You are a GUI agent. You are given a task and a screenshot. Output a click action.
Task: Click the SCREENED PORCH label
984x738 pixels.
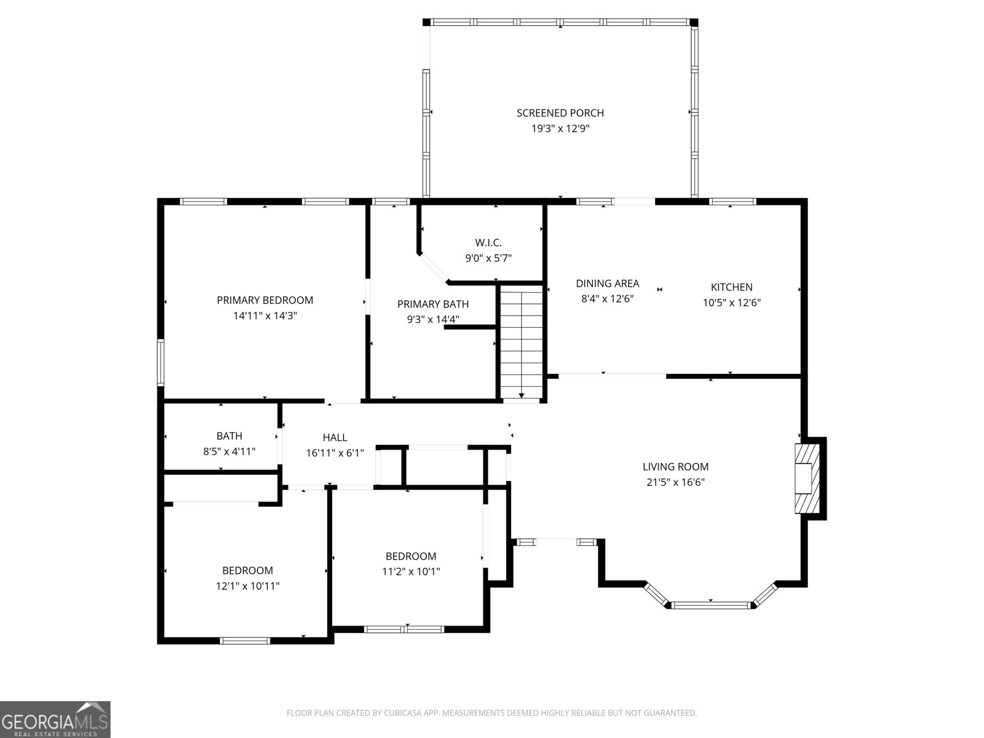tap(560, 113)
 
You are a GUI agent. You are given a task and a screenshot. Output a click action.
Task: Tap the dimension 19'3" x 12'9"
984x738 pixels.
tap(560, 129)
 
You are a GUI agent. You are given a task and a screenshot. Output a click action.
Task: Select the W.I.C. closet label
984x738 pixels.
tap(488, 243)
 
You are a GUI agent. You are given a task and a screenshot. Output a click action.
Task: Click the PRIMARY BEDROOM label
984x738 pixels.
tap(265, 300)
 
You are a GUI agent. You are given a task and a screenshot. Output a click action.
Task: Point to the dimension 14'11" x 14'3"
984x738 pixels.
tap(265, 316)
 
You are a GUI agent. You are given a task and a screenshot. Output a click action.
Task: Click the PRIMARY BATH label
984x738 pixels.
tap(433, 304)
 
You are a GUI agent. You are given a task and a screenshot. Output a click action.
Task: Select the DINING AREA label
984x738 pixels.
tap(607, 284)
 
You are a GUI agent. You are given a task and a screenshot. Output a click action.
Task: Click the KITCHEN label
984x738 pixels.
tap(731, 287)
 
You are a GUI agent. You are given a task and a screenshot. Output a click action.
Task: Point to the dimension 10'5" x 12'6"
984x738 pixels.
tap(731, 303)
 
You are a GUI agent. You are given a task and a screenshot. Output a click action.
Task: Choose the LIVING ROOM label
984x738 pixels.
tap(675, 467)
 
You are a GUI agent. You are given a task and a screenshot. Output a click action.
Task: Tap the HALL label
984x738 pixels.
tap(335, 437)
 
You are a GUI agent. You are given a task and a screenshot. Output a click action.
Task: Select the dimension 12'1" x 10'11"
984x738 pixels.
tap(247, 586)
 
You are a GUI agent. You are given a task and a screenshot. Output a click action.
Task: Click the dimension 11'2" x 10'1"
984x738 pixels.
tap(411, 571)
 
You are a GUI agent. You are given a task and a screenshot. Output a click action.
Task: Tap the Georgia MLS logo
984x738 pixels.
tap(55, 720)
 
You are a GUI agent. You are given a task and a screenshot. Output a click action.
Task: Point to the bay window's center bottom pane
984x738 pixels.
tap(710, 605)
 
